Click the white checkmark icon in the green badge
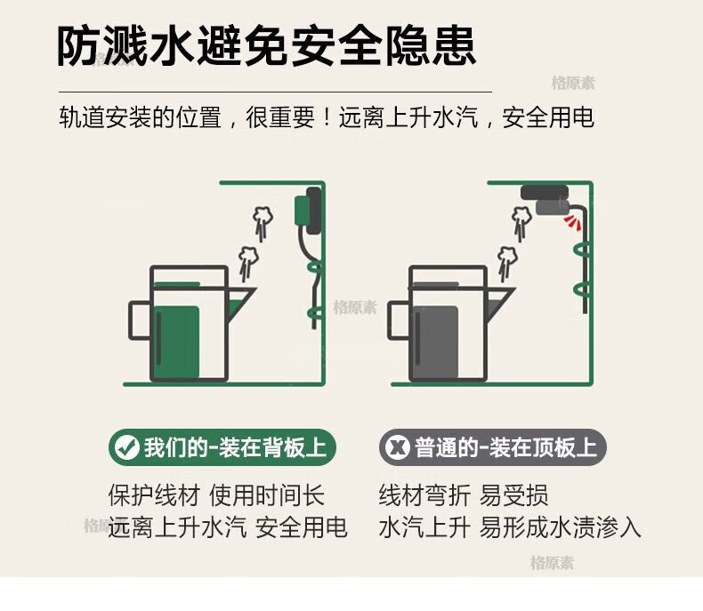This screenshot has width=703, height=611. coord(127,447)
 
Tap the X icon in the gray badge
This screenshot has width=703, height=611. coord(397,447)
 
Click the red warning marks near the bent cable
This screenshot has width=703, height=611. coord(572,221)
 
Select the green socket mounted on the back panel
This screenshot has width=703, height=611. coord(301,210)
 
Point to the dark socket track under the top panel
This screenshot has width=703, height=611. coord(545,193)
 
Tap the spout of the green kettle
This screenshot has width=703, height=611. coord(241,299)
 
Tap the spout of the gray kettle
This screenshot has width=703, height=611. coord(500,299)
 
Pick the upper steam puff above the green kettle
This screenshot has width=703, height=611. coord(263,222)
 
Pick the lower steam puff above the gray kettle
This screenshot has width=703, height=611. coord(507,263)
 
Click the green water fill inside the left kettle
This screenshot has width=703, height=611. coord(177,342)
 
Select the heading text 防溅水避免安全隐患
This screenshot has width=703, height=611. coord(267,46)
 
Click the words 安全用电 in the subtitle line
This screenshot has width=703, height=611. coord(548,117)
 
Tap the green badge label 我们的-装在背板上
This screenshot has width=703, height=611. coord(235,447)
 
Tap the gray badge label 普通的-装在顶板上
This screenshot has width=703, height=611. coord(505,447)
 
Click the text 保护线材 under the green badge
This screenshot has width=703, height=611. coord(154,495)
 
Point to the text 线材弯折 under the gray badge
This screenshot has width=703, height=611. coord(424,495)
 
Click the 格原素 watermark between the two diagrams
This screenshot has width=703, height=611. coord(355,308)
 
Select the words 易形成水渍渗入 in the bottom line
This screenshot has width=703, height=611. coord(560,527)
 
